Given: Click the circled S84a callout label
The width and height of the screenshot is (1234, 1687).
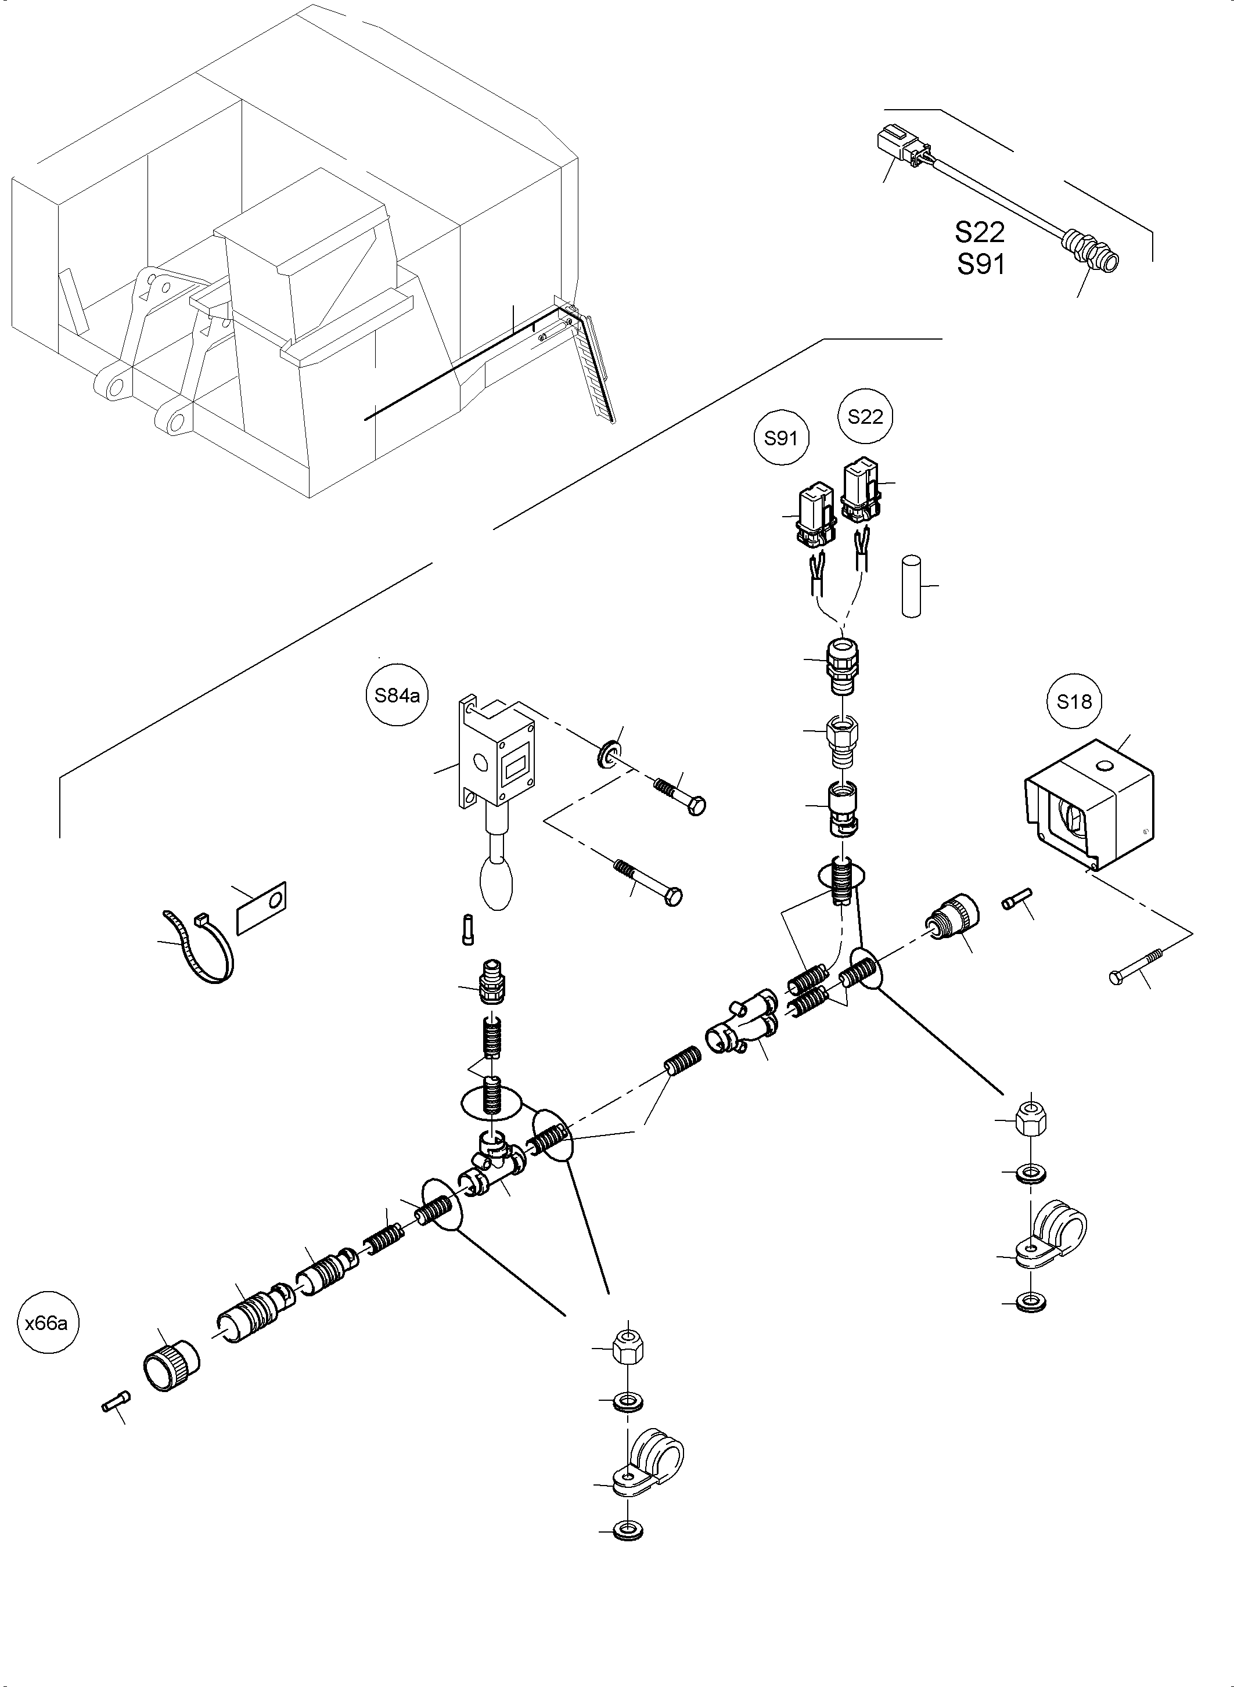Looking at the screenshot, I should pyautogui.click(x=397, y=695).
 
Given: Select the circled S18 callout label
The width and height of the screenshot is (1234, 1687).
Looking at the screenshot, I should pyautogui.click(x=1074, y=701).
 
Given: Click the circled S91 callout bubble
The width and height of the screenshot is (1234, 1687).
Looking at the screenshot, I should pyautogui.click(x=781, y=438).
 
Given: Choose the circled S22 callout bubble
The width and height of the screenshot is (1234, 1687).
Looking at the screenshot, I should pyautogui.click(x=865, y=417).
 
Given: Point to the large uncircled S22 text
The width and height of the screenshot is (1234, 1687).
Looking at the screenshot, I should pyautogui.click(x=979, y=232).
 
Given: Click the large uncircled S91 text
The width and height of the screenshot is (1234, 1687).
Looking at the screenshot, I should pyautogui.click(x=981, y=264).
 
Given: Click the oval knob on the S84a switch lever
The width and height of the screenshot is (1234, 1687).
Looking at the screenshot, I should pyautogui.click(x=497, y=883).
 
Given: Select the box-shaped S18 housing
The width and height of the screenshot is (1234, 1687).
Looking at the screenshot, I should pyautogui.click(x=1089, y=805).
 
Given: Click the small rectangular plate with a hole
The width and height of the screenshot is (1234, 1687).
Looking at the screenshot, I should pyautogui.click(x=261, y=907).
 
